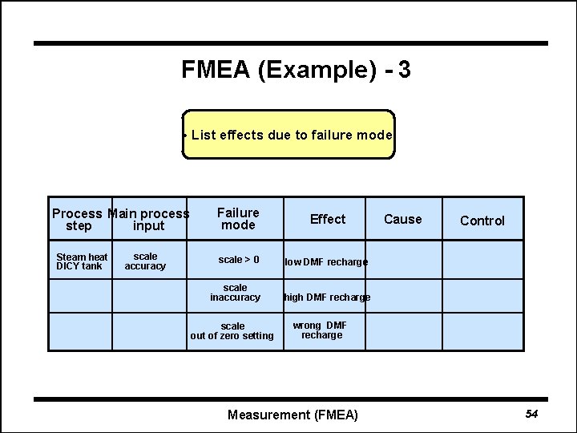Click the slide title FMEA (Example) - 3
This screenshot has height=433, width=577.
click(296, 71)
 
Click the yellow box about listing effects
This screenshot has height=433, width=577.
click(289, 135)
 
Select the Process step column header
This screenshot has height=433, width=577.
click(78, 220)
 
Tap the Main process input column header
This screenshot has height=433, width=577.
click(148, 220)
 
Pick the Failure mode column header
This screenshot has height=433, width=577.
click(238, 219)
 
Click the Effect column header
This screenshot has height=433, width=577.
click(328, 219)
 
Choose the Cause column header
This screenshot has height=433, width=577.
click(402, 219)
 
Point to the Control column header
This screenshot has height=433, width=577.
click(482, 221)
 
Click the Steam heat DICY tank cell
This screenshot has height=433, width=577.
click(81, 261)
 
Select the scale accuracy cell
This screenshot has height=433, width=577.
click(145, 261)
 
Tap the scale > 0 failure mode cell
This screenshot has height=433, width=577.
click(238, 260)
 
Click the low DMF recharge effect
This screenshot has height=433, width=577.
click(326, 262)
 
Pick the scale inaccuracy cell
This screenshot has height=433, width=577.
click(235, 293)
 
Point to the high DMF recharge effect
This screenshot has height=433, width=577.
click(327, 297)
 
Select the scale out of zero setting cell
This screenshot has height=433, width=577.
click(232, 331)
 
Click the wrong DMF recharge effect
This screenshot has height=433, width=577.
click(321, 330)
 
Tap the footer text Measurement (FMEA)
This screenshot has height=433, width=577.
click(293, 415)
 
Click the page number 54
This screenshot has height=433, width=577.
click(531, 414)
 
